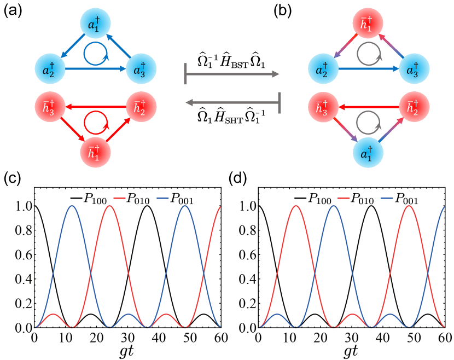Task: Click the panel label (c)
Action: (14, 179)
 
